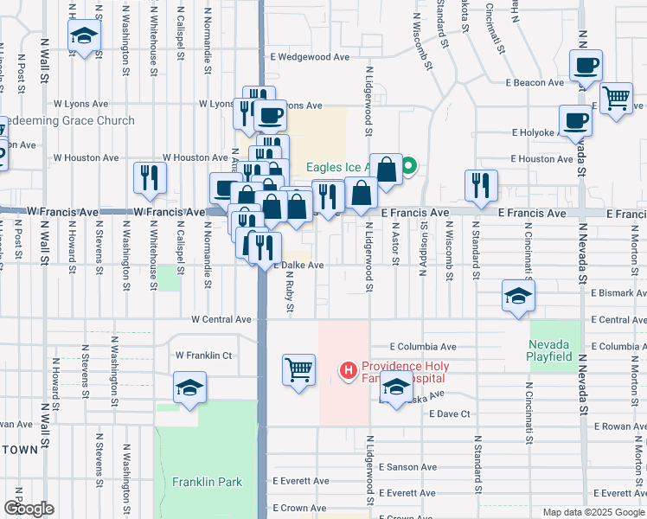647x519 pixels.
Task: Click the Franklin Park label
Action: point(207,482)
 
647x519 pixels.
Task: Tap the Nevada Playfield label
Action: point(550,349)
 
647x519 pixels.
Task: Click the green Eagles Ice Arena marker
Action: point(411,166)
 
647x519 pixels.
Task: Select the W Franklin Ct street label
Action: point(204,355)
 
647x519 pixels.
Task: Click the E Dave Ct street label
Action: point(448,414)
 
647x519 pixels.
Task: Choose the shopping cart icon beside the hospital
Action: point(298,369)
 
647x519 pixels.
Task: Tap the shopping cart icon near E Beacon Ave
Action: point(616,98)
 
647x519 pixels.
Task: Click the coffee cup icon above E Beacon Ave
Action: point(586,65)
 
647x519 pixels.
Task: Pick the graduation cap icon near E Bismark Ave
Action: point(518,297)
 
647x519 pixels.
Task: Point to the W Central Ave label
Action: point(221,319)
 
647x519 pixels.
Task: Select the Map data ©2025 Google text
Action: point(592,512)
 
